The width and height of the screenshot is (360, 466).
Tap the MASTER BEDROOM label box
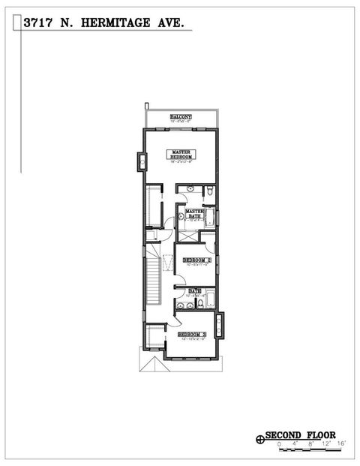pyautogui.click(x=180, y=155)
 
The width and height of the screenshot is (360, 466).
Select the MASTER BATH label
pyautogui.click(x=194, y=214)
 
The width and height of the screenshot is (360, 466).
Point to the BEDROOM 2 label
pyautogui.click(x=197, y=260)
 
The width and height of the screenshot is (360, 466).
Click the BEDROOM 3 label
pyautogui.click(x=192, y=334)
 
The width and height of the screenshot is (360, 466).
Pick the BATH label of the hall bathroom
pyautogui.click(x=195, y=291)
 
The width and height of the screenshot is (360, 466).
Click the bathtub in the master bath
pyautogui.click(x=211, y=218)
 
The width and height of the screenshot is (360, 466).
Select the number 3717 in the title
pyautogui.click(x=38, y=24)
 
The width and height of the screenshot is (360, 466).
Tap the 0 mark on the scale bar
pyautogui.click(x=279, y=445)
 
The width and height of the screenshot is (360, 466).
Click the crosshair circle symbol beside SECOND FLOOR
pyautogui.click(x=260, y=436)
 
